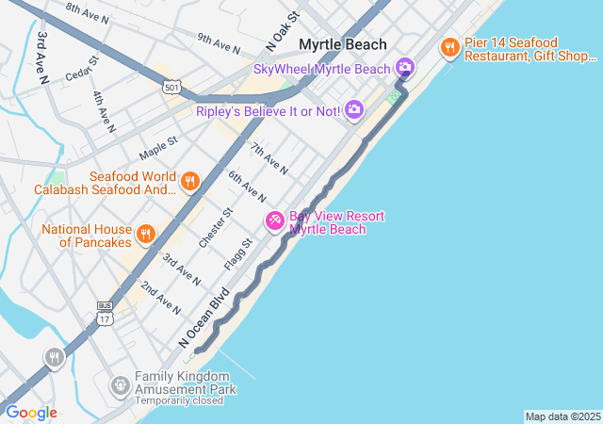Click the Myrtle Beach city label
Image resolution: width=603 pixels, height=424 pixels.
pyautogui.click(x=343, y=44)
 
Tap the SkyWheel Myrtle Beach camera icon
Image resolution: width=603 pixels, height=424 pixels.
pyautogui.click(x=405, y=66)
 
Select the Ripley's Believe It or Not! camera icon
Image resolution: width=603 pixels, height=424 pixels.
pyautogui.click(x=354, y=110)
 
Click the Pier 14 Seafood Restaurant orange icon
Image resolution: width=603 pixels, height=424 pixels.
pyautogui.click(x=449, y=46)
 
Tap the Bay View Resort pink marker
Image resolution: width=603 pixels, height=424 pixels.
pyautogui.click(x=275, y=221)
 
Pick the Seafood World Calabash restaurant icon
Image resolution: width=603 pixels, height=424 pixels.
pyautogui.click(x=190, y=181)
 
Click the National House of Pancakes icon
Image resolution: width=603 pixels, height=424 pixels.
pyautogui.click(x=145, y=234)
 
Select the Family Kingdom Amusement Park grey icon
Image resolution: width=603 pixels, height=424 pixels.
pyautogui.click(x=120, y=384)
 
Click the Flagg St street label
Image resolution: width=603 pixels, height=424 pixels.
pyautogui.click(x=242, y=253)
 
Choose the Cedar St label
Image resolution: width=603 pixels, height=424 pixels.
pyautogui.click(x=81, y=70)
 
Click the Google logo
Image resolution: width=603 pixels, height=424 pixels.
pyautogui.click(x=31, y=413)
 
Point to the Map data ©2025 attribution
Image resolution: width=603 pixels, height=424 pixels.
pyautogui.click(x=562, y=416)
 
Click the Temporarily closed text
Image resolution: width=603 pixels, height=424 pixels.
pyautogui.click(x=179, y=400)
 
